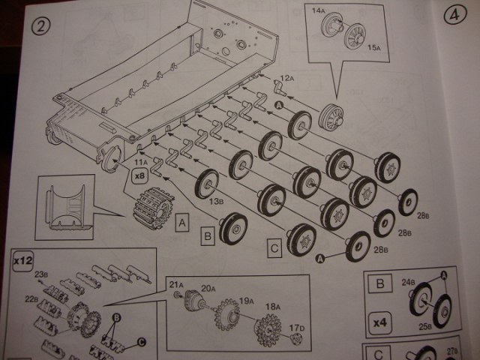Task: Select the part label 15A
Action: [375, 47]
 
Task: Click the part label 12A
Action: [287, 78]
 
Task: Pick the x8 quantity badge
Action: [139, 176]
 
